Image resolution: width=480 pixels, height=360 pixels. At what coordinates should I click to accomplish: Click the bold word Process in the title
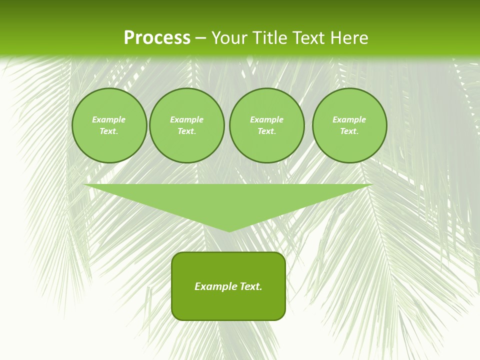(157, 38)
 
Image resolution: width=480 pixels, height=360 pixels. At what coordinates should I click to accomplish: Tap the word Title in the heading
(268, 38)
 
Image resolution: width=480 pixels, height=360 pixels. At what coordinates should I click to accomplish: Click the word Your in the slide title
(229, 38)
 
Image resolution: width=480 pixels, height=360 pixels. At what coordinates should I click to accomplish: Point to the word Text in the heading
(309, 38)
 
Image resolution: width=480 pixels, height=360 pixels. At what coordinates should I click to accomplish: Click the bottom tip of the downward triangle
(229, 230)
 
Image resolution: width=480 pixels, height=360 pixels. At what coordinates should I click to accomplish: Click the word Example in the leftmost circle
(109, 119)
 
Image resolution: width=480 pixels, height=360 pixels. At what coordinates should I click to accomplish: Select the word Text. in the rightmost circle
(349, 131)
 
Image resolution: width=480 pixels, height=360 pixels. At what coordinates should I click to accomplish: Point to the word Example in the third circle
(266, 119)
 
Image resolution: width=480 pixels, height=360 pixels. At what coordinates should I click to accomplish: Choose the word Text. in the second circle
(186, 131)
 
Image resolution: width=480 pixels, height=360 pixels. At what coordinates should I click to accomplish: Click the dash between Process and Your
(200, 38)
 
